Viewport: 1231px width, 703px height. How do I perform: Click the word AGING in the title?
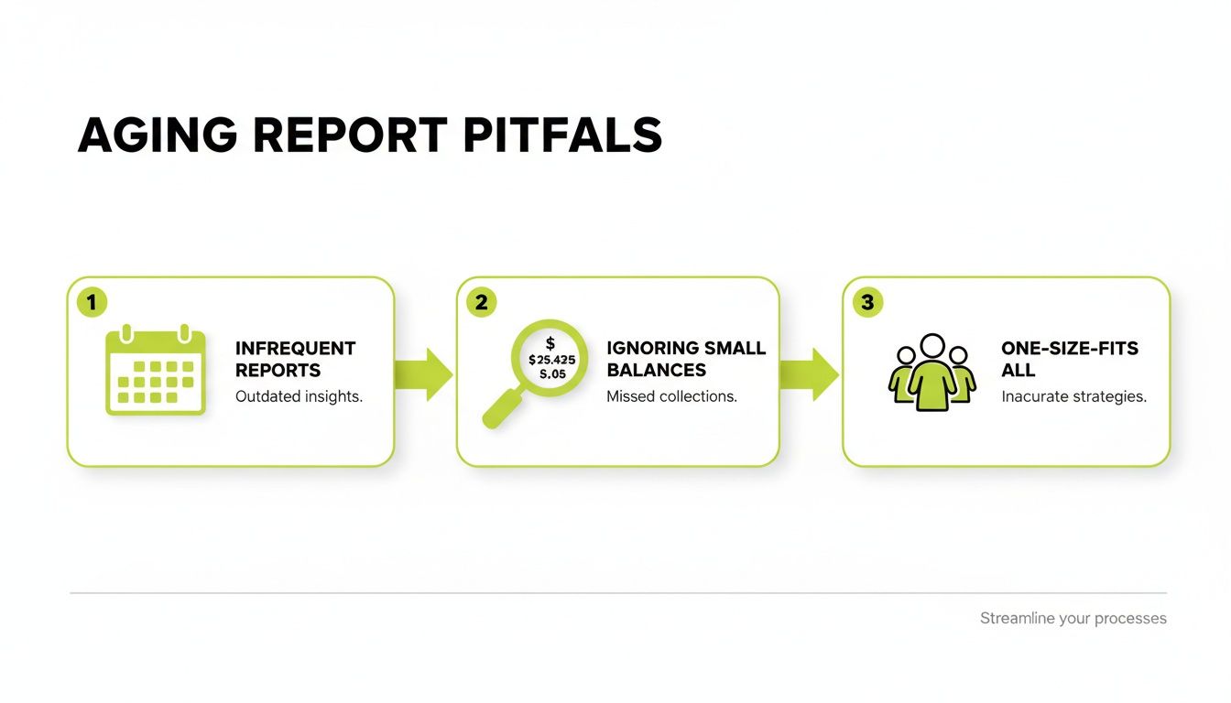pos(157,135)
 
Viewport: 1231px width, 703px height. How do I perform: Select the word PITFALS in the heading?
pos(561,135)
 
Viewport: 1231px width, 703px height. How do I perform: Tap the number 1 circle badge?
pos(92,302)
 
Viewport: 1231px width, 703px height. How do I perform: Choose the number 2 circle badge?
pos(481,302)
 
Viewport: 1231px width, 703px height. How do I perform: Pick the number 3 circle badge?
pos(866,302)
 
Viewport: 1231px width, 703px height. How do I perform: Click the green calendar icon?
pos(156,370)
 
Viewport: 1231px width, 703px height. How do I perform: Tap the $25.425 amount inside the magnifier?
pos(551,360)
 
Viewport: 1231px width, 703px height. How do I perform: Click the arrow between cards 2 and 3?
pos(810,373)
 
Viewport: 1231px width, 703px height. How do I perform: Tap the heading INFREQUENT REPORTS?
pos(295,359)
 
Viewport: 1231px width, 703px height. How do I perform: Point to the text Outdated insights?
pos(299,397)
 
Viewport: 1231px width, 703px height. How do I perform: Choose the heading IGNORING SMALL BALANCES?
pos(686,359)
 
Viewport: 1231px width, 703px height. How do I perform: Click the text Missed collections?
pos(671,397)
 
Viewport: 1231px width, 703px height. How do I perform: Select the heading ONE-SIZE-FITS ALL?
pos(1069,359)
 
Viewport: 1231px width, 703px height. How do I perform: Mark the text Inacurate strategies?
pos(1073,397)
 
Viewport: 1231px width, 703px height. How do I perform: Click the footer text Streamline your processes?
pos(1073,619)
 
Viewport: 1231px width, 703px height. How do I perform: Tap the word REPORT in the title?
pos(349,135)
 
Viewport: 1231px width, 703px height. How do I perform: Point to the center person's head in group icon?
pos(931,347)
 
